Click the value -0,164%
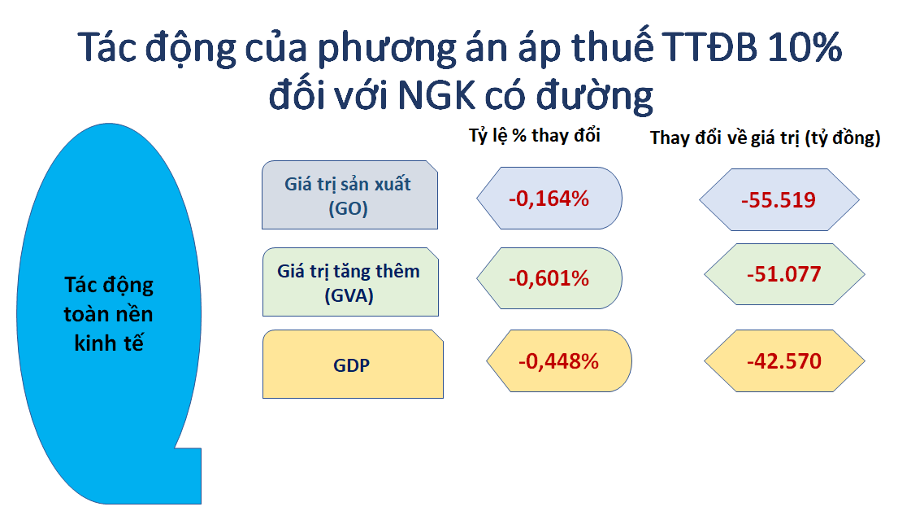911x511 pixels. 549,199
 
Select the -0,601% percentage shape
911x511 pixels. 549,278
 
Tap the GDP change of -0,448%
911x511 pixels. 559,360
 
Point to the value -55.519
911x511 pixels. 779,199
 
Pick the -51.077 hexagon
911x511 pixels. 784,274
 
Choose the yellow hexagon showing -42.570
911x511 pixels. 784,360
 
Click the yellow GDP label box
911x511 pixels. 353,365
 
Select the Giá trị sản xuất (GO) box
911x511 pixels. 349,195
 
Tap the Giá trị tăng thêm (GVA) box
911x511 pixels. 350,282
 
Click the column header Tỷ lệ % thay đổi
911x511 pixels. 535,136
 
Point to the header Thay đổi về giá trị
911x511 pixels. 726,138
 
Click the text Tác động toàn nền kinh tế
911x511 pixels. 109,314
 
